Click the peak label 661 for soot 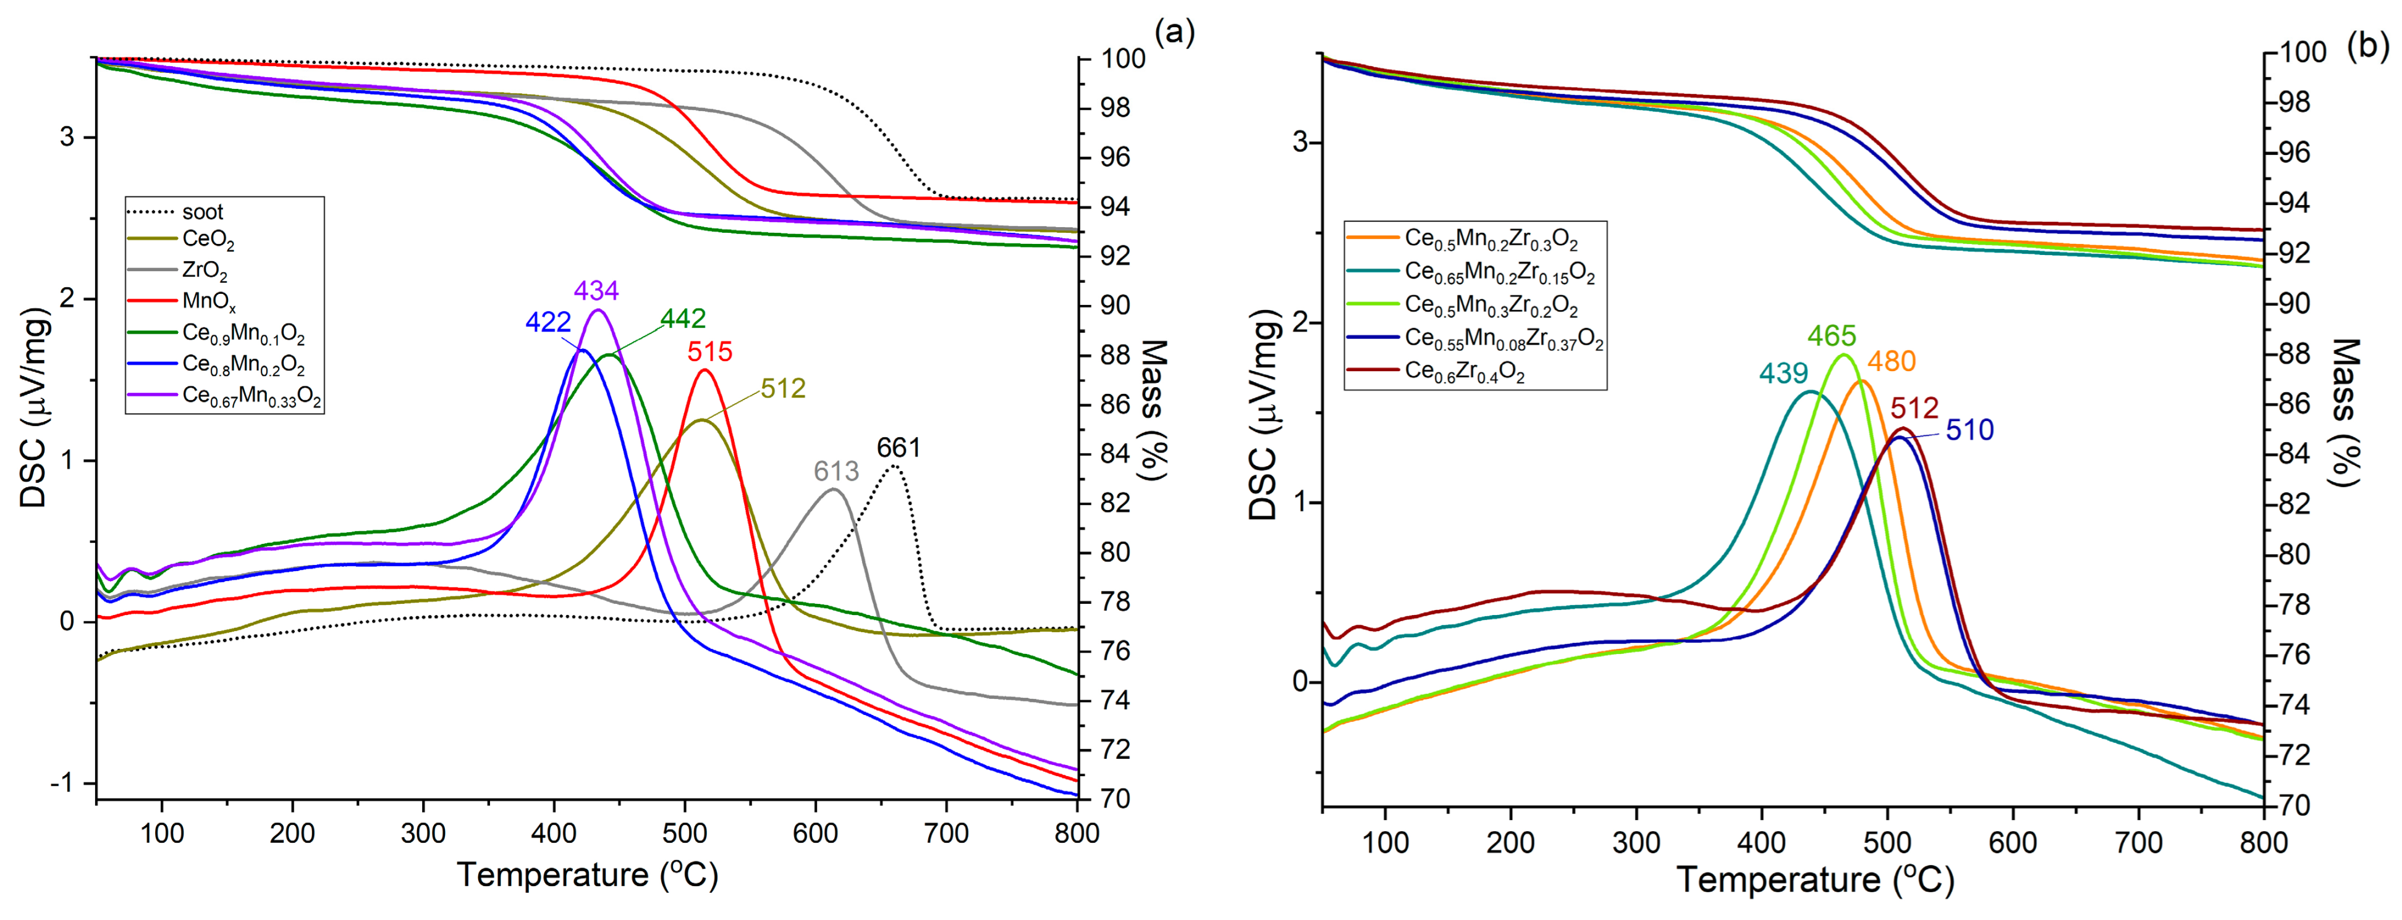point(898,448)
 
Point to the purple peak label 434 point(596,291)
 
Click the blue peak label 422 point(548,322)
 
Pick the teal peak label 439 point(1783,374)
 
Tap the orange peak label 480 point(1891,362)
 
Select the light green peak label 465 point(1832,335)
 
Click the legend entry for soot point(201,212)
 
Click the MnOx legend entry point(208,302)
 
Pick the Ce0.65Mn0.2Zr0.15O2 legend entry point(1499,273)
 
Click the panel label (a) point(1174,33)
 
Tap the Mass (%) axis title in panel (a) point(1154,410)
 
